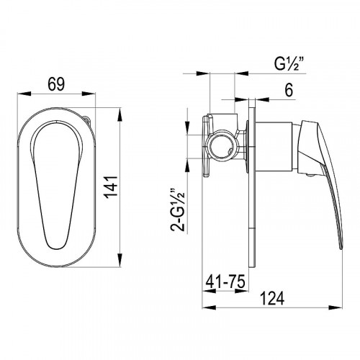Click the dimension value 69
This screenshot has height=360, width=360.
coord(56,84)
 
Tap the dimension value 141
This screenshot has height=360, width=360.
coord(112,186)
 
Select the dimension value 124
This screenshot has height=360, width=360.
coord(272,299)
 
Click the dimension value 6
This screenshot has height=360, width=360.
coord(289,91)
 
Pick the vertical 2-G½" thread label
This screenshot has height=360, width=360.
coord(178,210)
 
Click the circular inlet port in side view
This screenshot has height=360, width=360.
coord(220,145)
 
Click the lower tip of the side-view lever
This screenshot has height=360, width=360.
coord(341,248)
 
